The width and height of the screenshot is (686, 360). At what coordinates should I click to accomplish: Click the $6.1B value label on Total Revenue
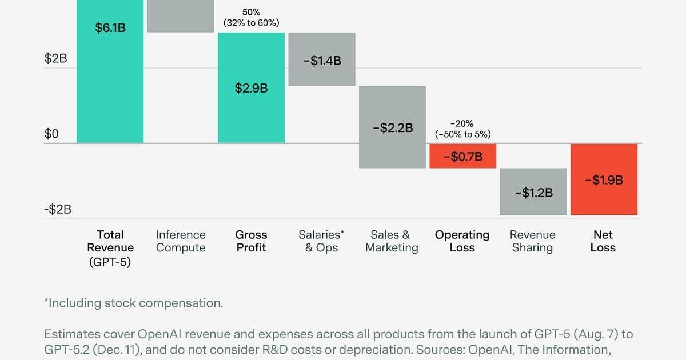pos(110,27)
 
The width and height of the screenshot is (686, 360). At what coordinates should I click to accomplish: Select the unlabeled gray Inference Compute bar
pos(181,16)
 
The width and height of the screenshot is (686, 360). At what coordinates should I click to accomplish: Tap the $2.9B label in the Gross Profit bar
pos(251,88)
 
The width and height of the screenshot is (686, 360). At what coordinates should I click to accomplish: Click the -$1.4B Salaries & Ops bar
pos(322,60)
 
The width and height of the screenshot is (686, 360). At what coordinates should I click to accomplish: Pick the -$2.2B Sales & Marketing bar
pos(392,127)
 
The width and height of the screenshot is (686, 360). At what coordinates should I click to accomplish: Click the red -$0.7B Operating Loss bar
pos(462,156)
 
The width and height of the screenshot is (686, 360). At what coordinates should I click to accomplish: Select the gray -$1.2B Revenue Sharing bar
pos(533,192)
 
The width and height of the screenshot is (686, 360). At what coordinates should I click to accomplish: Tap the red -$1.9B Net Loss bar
pos(604,180)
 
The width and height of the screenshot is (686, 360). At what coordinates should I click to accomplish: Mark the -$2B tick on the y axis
pos(58,209)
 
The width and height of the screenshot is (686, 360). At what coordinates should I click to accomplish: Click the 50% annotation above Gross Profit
pos(251,12)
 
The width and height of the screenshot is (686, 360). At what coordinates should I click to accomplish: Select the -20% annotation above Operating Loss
pos(462,123)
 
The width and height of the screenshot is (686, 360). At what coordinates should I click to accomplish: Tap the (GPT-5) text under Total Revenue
pos(110,262)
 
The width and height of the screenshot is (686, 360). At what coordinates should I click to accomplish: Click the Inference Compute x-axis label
pos(181,241)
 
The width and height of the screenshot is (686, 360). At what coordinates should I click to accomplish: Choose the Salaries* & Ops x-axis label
pos(321,241)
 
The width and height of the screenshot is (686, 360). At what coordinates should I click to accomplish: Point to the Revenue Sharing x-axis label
pos(532,241)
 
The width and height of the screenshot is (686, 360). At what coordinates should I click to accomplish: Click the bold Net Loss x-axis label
pos(603,241)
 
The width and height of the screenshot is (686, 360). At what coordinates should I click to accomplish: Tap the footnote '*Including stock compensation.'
pos(133,303)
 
